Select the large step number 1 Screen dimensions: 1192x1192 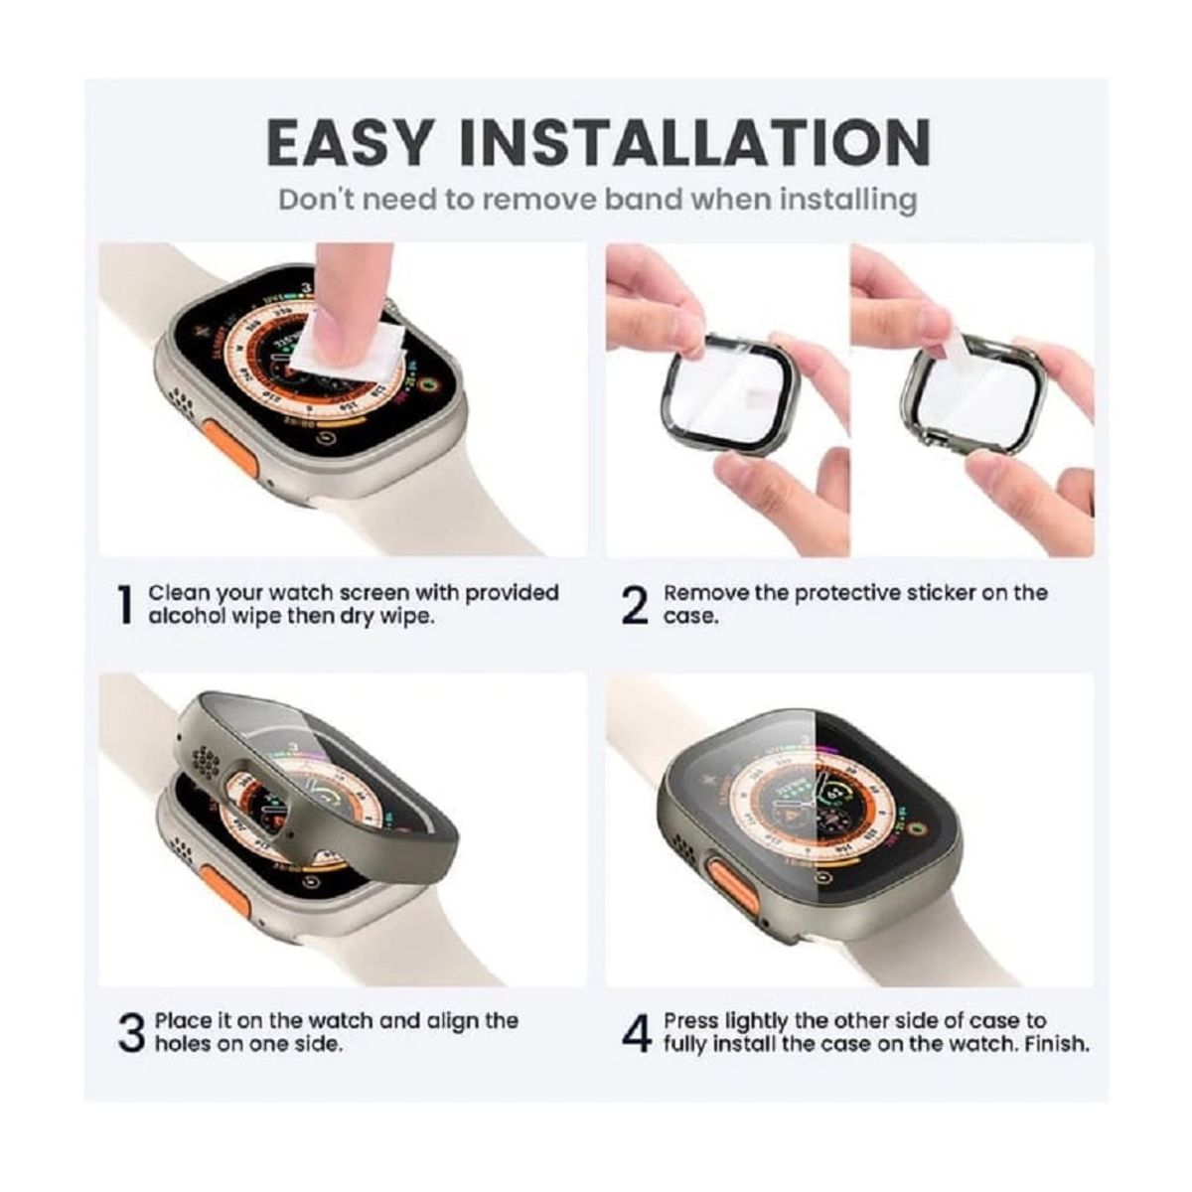tap(124, 605)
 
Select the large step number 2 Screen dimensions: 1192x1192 tap(635, 605)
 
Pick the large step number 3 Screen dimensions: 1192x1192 tap(131, 1033)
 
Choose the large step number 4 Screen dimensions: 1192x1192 tap(636, 1033)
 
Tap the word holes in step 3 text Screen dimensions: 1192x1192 tap(182, 1044)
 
